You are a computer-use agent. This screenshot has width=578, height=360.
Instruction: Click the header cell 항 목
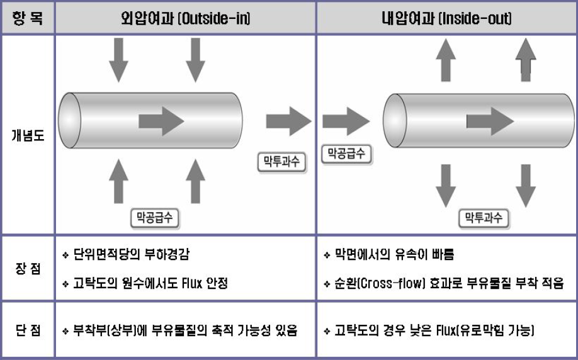click(x=28, y=18)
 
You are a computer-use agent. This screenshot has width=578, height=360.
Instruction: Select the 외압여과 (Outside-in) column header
click(x=186, y=18)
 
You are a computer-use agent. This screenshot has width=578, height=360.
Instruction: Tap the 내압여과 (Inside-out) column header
click(x=447, y=18)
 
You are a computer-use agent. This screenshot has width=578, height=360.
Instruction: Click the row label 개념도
click(x=28, y=135)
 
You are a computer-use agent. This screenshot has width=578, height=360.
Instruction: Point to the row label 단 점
click(x=28, y=330)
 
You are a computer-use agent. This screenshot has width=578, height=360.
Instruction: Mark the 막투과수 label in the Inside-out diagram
click(x=483, y=218)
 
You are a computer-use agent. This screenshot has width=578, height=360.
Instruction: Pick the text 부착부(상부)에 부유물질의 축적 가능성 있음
click(x=183, y=330)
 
